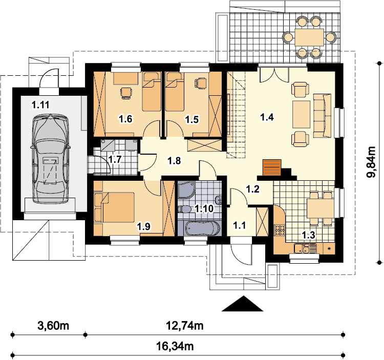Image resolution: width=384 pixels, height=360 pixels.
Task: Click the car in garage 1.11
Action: [x=51, y=159]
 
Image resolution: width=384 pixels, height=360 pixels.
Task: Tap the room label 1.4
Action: [x=267, y=117]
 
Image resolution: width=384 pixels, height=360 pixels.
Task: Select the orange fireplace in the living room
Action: [x=272, y=167]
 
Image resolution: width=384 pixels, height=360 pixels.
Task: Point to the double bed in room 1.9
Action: [x=118, y=207]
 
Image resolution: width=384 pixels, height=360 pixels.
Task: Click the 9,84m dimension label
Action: [x=371, y=162]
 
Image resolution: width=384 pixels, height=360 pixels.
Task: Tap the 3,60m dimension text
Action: [x=53, y=326]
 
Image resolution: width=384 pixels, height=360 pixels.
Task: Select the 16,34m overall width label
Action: [x=175, y=347]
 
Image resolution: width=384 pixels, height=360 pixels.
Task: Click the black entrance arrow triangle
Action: [x=243, y=304]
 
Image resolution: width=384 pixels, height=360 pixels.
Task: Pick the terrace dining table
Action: [x=309, y=37]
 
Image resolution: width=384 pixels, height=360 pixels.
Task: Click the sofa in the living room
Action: [x=322, y=115]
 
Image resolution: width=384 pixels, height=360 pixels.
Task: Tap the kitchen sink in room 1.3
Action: [x=303, y=249]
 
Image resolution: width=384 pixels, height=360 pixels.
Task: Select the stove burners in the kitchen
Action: [x=280, y=230]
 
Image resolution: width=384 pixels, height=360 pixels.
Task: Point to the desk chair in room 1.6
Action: [x=126, y=93]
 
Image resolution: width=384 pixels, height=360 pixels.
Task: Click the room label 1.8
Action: [x=174, y=161]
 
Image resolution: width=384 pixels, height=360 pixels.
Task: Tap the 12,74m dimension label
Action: [x=185, y=326]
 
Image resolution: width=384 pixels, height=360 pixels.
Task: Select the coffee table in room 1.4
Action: [x=301, y=114]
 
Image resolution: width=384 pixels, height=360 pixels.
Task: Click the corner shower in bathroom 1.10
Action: [x=186, y=190]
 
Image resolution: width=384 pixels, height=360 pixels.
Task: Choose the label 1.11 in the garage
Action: [x=40, y=105]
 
